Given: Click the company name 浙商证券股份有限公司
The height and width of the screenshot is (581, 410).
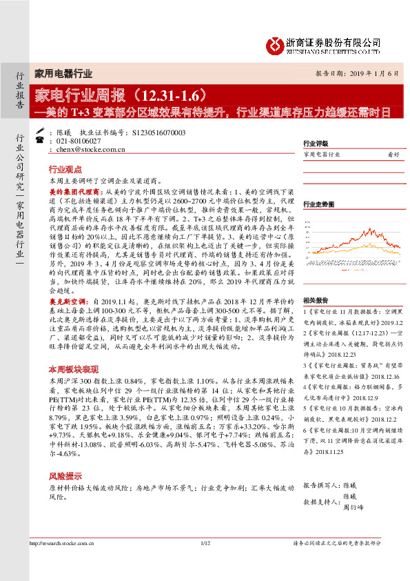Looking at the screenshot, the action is tap(333, 42).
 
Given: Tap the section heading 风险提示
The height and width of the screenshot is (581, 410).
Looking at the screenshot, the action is tap(65, 475).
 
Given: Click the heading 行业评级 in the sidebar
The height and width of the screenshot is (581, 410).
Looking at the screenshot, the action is tap(316, 144).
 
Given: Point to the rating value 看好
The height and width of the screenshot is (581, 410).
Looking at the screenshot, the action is tap(393, 155).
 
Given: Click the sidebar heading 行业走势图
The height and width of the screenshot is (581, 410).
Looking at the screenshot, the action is tap(318, 204).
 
